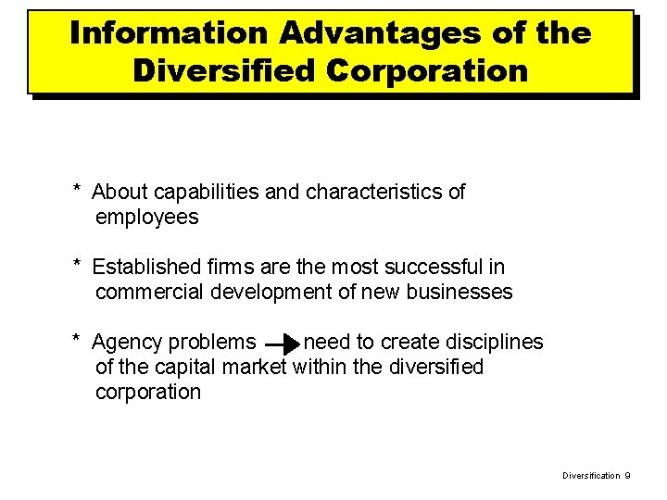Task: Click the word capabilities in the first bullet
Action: tap(192, 193)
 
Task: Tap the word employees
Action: tap(146, 218)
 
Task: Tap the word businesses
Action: tap(458, 293)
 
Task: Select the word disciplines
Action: tap(493, 343)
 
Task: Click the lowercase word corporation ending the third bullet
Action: tap(147, 392)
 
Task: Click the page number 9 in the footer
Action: tap(627, 475)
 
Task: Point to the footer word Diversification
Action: tap(591, 475)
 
